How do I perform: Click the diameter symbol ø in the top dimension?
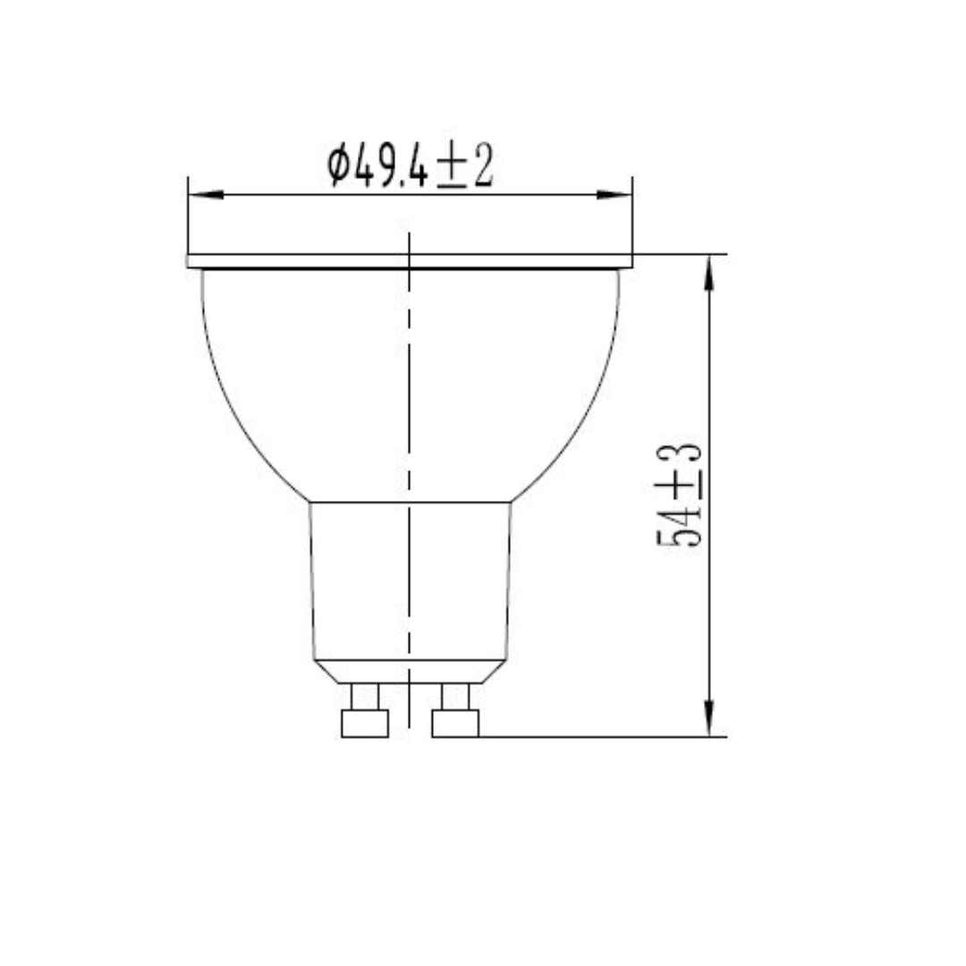(337, 167)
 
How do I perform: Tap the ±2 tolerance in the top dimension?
(465, 167)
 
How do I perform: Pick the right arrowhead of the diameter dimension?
(614, 194)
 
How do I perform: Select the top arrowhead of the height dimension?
(708, 272)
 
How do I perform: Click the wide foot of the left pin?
(365, 723)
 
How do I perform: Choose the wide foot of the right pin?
(455, 723)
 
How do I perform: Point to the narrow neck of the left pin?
(365, 696)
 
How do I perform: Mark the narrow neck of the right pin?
(455, 696)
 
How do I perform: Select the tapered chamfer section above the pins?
(410, 672)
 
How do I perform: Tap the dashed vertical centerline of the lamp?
(409, 402)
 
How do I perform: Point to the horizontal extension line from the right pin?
(599, 737)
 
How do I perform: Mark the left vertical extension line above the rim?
(188, 215)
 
